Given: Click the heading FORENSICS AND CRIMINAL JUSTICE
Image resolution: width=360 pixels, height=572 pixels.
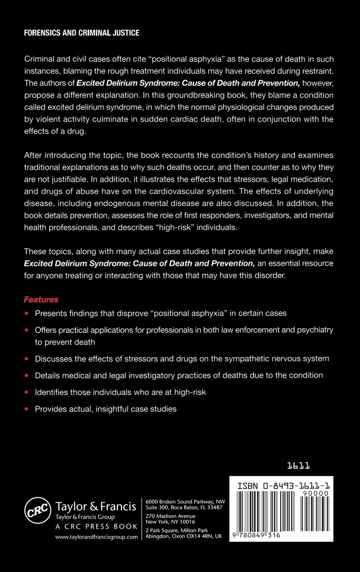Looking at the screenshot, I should click(82, 33).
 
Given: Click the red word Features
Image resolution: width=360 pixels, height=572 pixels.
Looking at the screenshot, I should click(41, 300).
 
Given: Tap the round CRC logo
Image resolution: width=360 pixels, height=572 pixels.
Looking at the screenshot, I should click(38, 511).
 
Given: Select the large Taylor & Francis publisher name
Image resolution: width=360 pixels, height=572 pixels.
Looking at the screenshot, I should click(96, 506).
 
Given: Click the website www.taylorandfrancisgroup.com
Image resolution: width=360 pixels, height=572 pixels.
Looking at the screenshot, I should click(97, 537).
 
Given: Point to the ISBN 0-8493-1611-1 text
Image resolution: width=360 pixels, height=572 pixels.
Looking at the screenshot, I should click(283, 486).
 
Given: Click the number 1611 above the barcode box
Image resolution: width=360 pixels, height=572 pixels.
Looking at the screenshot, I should click(299, 466).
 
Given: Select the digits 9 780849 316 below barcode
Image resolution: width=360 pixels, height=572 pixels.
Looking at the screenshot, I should click(257, 535).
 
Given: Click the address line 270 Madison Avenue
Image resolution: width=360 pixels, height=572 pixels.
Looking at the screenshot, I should click(170, 516).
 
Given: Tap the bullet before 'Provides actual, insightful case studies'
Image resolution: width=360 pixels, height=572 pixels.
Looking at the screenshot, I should click(27, 409).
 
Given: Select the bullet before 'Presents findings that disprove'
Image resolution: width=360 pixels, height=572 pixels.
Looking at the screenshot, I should click(27, 313).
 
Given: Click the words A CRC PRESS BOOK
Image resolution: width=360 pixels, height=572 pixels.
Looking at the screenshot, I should click(96, 527).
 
